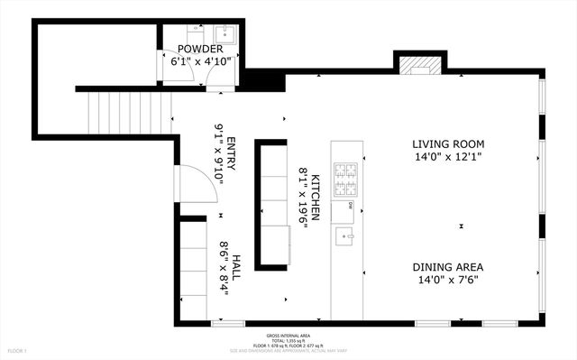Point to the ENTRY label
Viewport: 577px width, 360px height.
click(232, 153)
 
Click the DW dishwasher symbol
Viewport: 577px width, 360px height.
click(349, 206)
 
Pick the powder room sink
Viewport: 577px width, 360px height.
click(225, 36)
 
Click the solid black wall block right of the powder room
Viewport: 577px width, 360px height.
click(262, 80)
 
